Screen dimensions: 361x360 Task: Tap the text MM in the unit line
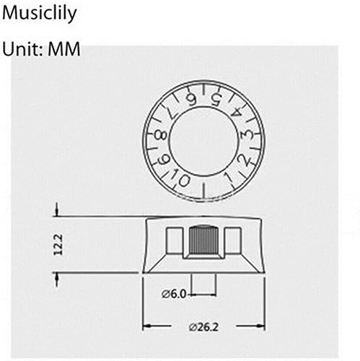[65, 50]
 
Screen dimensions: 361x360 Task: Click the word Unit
[23, 50]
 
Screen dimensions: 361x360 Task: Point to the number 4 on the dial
[236, 110]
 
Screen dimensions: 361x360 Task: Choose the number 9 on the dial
[163, 159]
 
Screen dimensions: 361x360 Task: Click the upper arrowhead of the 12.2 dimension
[56, 212]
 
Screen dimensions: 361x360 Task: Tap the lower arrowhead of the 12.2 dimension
[56, 277]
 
